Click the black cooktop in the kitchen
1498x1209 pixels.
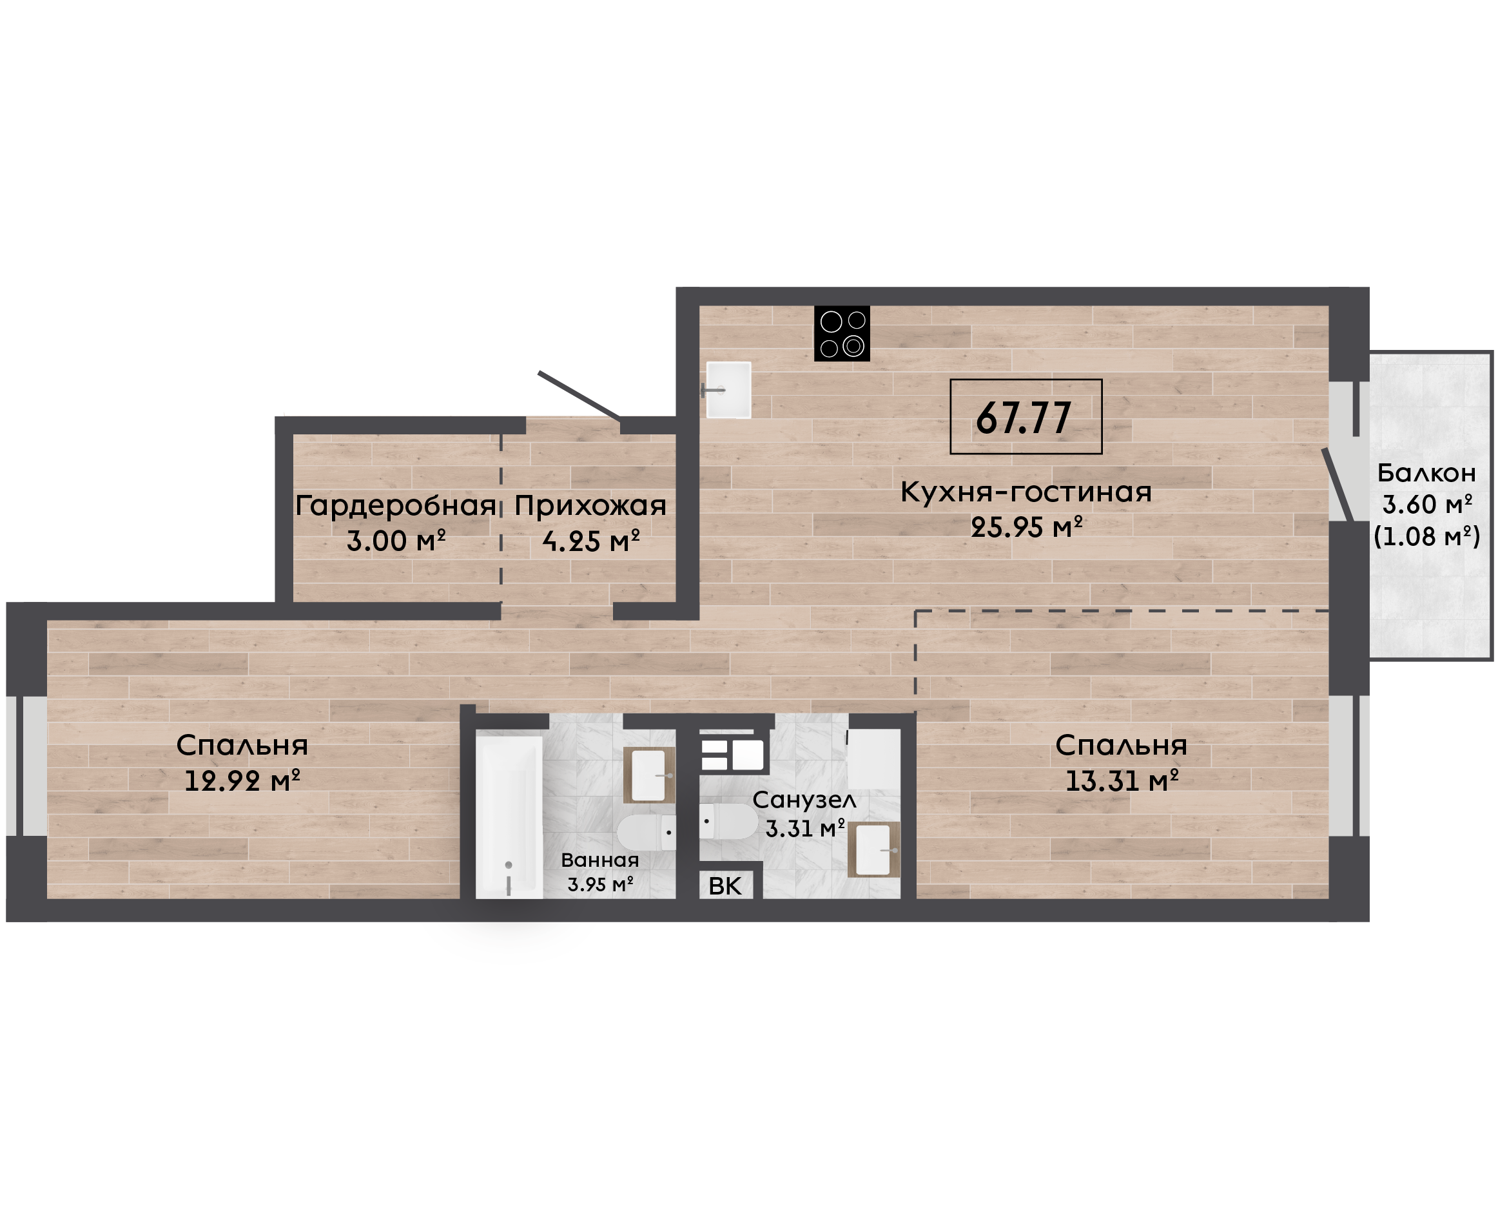click(x=841, y=334)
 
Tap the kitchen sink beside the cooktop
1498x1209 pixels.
click(x=728, y=390)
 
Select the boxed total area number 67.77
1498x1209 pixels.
click(x=1024, y=418)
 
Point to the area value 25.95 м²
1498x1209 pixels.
click(x=1027, y=527)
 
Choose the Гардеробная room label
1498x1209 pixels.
click(x=396, y=507)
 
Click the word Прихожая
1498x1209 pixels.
click(x=590, y=507)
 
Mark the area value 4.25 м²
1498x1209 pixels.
click(x=590, y=541)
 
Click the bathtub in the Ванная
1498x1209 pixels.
click(x=509, y=817)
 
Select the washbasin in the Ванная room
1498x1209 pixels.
click(x=649, y=775)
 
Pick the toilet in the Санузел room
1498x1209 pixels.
click(x=728, y=822)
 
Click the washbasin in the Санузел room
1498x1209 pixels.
click(x=874, y=849)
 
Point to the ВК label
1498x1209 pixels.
click(x=725, y=886)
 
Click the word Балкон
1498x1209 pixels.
click(x=1426, y=474)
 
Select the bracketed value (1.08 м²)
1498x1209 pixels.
click(x=1427, y=536)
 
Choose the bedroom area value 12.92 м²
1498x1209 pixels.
click(x=242, y=780)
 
